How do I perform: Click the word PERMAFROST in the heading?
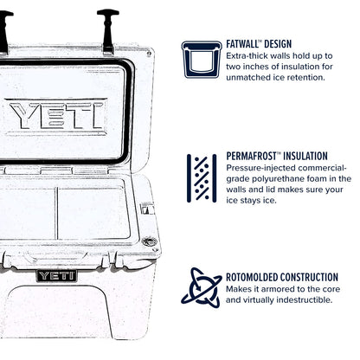[255, 157]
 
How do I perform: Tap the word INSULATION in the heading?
[318, 157]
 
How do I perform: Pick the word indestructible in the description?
[299, 299]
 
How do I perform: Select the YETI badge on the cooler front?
[56, 276]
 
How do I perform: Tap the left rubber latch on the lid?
[3, 26]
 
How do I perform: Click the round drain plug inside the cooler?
[149, 241]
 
